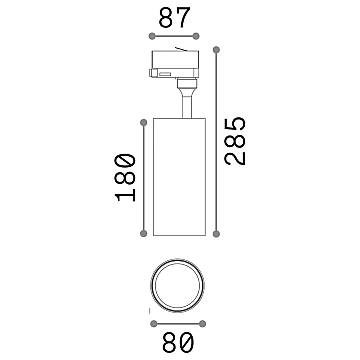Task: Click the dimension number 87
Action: [176, 19]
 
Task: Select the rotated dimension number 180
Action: [123, 177]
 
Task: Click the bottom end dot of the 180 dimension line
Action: [145, 235]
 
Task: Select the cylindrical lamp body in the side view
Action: [180, 177]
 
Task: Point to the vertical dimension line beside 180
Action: [145, 177]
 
